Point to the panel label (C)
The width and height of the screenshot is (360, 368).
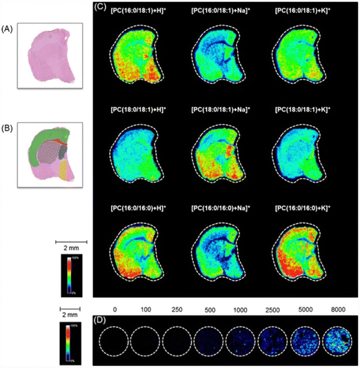(x=101, y=7)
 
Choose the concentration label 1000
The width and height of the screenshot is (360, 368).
(x=243, y=311)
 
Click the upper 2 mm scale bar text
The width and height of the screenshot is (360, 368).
(x=72, y=245)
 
